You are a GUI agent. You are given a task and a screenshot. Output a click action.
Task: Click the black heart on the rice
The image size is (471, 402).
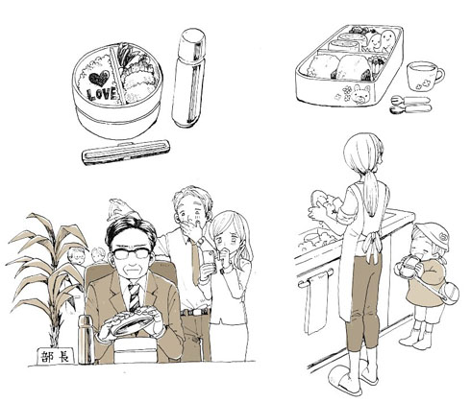99,79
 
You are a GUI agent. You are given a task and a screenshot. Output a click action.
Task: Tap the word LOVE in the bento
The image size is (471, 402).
102,94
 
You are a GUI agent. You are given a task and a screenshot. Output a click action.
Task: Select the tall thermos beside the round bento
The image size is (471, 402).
188,78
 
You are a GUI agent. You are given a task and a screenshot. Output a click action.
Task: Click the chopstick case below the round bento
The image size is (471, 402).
126,152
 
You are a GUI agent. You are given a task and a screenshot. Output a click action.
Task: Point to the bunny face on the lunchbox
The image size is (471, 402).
360,95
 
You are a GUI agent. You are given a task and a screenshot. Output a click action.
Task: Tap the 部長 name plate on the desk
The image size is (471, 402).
56,356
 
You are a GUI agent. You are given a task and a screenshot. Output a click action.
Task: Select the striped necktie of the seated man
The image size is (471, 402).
135,296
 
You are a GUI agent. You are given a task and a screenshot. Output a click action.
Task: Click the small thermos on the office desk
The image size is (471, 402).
86,340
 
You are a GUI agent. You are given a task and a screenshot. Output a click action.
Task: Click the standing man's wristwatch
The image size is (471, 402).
201,241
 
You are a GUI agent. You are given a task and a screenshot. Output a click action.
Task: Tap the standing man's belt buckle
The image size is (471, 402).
193,312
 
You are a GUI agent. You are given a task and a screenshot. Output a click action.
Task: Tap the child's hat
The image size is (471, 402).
433,236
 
